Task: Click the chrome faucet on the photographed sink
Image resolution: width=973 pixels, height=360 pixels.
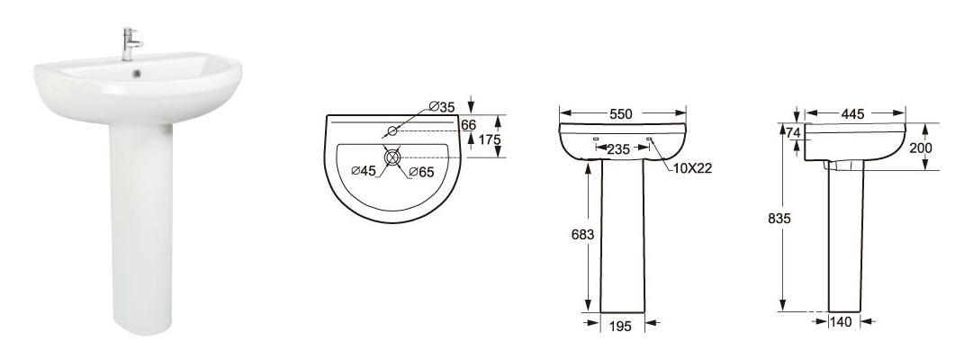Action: tap(130, 44)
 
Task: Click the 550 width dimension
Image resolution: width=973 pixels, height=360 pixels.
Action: tap(620, 114)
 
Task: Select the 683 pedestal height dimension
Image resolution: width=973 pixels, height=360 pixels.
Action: tap(582, 235)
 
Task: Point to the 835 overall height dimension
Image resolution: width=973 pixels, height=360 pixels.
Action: tap(779, 219)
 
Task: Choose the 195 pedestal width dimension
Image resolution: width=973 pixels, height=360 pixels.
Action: tap(620, 325)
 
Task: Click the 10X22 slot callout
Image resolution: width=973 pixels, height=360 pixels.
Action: tap(691, 168)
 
